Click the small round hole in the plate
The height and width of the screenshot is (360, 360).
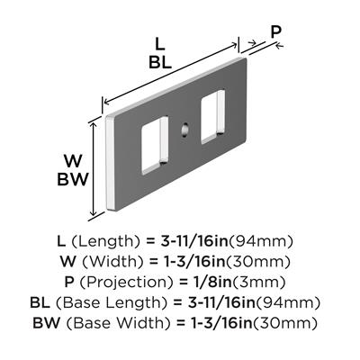tap(184, 130)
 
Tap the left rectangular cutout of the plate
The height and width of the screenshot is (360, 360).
tap(154, 146)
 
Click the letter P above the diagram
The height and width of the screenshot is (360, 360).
tap(275, 31)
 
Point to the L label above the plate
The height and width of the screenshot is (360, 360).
tap(160, 45)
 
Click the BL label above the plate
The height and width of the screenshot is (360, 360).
tap(160, 63)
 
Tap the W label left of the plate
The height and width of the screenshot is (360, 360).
tap(73, 162)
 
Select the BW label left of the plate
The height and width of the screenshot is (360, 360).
tap(73, 180)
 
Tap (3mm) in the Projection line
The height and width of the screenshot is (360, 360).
tap(257, 283)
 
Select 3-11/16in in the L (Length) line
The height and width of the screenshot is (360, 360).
tap(194, 241)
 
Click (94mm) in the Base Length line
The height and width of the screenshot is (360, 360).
tap(288, 302)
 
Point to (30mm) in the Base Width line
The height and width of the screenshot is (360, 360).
tap(285, 323)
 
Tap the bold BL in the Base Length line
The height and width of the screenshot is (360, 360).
tap(40, 302)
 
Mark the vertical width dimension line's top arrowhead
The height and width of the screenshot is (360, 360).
tap(94, 126)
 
